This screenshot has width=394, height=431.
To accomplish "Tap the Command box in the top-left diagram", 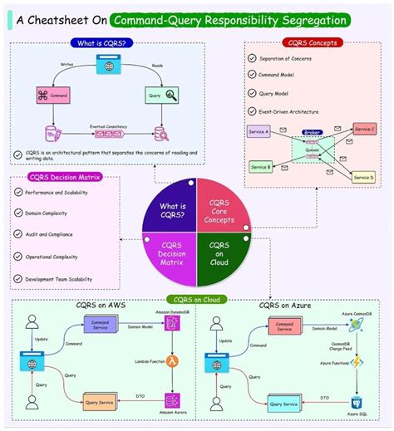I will pos(57,96).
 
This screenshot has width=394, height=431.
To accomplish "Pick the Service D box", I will pos(363,176).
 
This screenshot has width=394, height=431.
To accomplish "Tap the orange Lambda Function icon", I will pos(173,361).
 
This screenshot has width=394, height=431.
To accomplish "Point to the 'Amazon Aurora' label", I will pos(173,413).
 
